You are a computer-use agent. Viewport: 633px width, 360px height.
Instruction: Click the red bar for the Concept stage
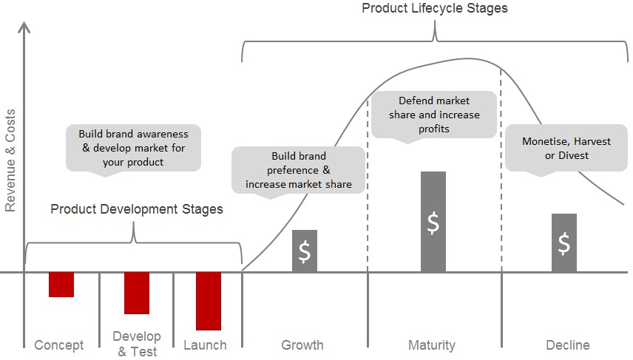coord(61,285)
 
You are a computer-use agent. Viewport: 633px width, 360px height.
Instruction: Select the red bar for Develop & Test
coord(137,293)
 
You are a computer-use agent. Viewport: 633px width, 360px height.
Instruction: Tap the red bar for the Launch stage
coord(209,301)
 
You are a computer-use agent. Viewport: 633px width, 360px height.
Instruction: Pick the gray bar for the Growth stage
coord(305,251)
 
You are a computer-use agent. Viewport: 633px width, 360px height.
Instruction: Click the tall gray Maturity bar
coord(433,222)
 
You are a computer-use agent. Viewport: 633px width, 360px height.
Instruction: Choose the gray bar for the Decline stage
coord(564,242)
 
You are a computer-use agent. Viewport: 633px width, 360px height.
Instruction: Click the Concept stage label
coord(59,345)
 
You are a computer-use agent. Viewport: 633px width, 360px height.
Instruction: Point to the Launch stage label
coord(205,345)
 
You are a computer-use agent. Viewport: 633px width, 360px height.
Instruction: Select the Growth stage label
coord(302,345)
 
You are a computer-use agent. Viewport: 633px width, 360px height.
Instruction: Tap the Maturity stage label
coord(432,345)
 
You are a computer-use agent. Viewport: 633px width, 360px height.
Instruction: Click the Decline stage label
coord(568,345)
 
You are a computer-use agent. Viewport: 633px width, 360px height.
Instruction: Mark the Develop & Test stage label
coord(137,344)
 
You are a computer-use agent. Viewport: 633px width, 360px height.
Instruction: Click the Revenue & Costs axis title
coord(10,160)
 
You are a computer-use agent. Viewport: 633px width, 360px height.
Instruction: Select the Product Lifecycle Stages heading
coord(434,8)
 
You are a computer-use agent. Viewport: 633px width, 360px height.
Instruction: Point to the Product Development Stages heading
coord(137,209)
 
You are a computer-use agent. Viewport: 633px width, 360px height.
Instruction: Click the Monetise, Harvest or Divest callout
coord(566,149)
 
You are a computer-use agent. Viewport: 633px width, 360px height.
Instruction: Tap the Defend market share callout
coord(434,115)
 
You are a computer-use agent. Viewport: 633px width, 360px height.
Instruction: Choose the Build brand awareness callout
coord(133,148)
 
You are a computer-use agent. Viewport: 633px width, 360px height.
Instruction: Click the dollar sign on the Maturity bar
coord(433,223)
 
